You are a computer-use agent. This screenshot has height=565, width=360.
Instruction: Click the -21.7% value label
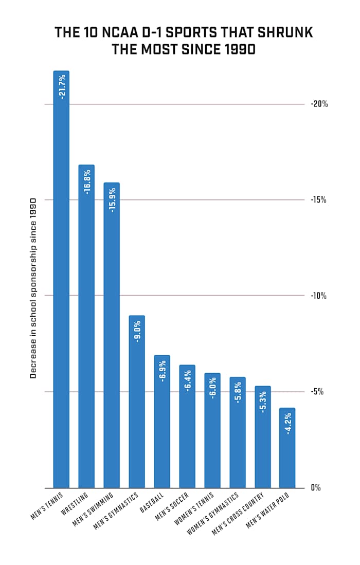[x=62, y=86]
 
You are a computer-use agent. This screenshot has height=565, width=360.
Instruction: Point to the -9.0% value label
[x=137, y=331]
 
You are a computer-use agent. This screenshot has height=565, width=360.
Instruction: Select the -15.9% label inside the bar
[x=112, y=198]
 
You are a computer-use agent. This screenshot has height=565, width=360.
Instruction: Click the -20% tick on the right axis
[x=319, y=104]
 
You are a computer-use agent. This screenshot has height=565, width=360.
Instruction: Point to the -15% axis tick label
[x=319, y=200]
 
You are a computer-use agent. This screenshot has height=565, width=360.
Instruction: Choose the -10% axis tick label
[x=319, y=296]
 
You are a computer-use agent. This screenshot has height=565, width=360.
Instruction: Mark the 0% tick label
[x=316, y=487]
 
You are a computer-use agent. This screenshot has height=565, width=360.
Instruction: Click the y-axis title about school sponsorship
[x=33, y=288]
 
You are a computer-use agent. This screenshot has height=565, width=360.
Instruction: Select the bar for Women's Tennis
[x=212, y=432]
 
